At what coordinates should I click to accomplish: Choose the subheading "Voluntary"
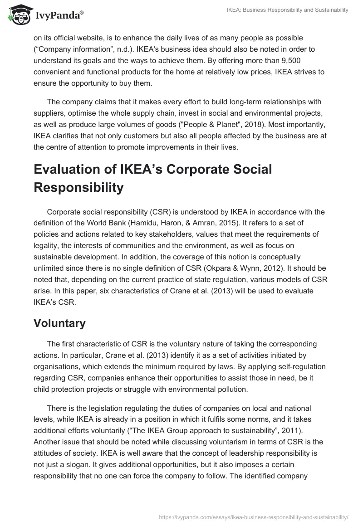[x=59, y=323]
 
